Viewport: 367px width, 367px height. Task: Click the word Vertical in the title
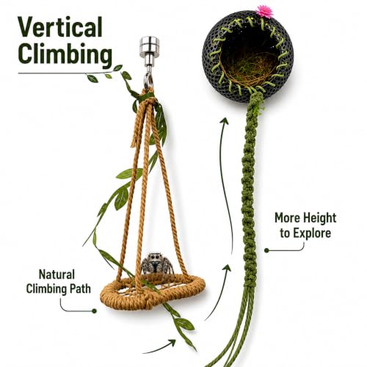pos(60,27)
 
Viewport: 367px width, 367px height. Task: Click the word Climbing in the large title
pos(65,54)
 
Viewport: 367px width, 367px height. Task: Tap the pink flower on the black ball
pos(264,12)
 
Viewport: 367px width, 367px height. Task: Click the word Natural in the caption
pos(57,275)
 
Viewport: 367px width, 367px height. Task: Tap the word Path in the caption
pos(80,289)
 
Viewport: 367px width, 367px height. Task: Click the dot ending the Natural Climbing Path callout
pos(94,311)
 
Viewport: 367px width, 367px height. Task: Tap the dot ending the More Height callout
pos(266,250)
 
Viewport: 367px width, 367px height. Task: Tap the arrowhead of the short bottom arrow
pos(172,343)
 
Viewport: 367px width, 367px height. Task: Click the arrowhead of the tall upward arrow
pos(225,121)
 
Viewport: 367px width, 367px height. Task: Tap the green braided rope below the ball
pos(250,196)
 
